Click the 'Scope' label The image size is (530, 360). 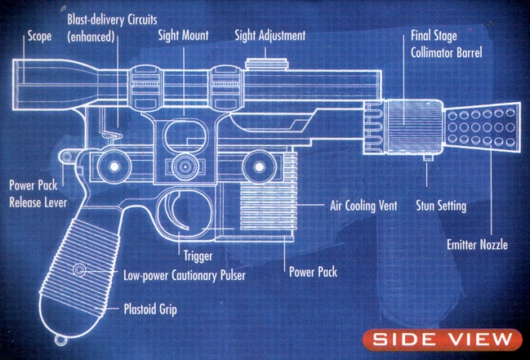click(39, 36)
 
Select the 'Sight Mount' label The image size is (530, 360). click(185, 36)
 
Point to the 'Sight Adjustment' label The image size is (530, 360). click(269, 36)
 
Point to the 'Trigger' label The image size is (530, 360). click(198, 256)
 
